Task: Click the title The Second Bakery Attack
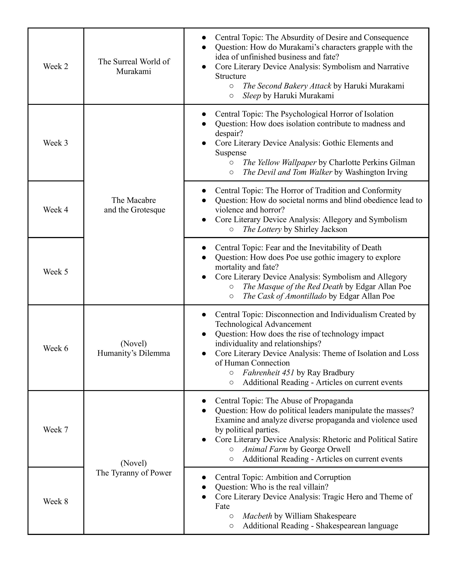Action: tap(287, 86)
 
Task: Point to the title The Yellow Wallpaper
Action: tap(279, 162)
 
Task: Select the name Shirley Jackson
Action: tap(321, 229)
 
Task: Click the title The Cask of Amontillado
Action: tap(284, 296)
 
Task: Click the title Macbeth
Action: tap(257, 516)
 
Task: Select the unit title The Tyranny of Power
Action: tap(134, 473)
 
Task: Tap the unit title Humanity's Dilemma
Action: tap(134, 353)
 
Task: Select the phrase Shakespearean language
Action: tap(357, 526)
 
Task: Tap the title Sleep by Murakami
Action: tap(252, 95)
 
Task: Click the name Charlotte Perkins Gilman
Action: tap(372, 162)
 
